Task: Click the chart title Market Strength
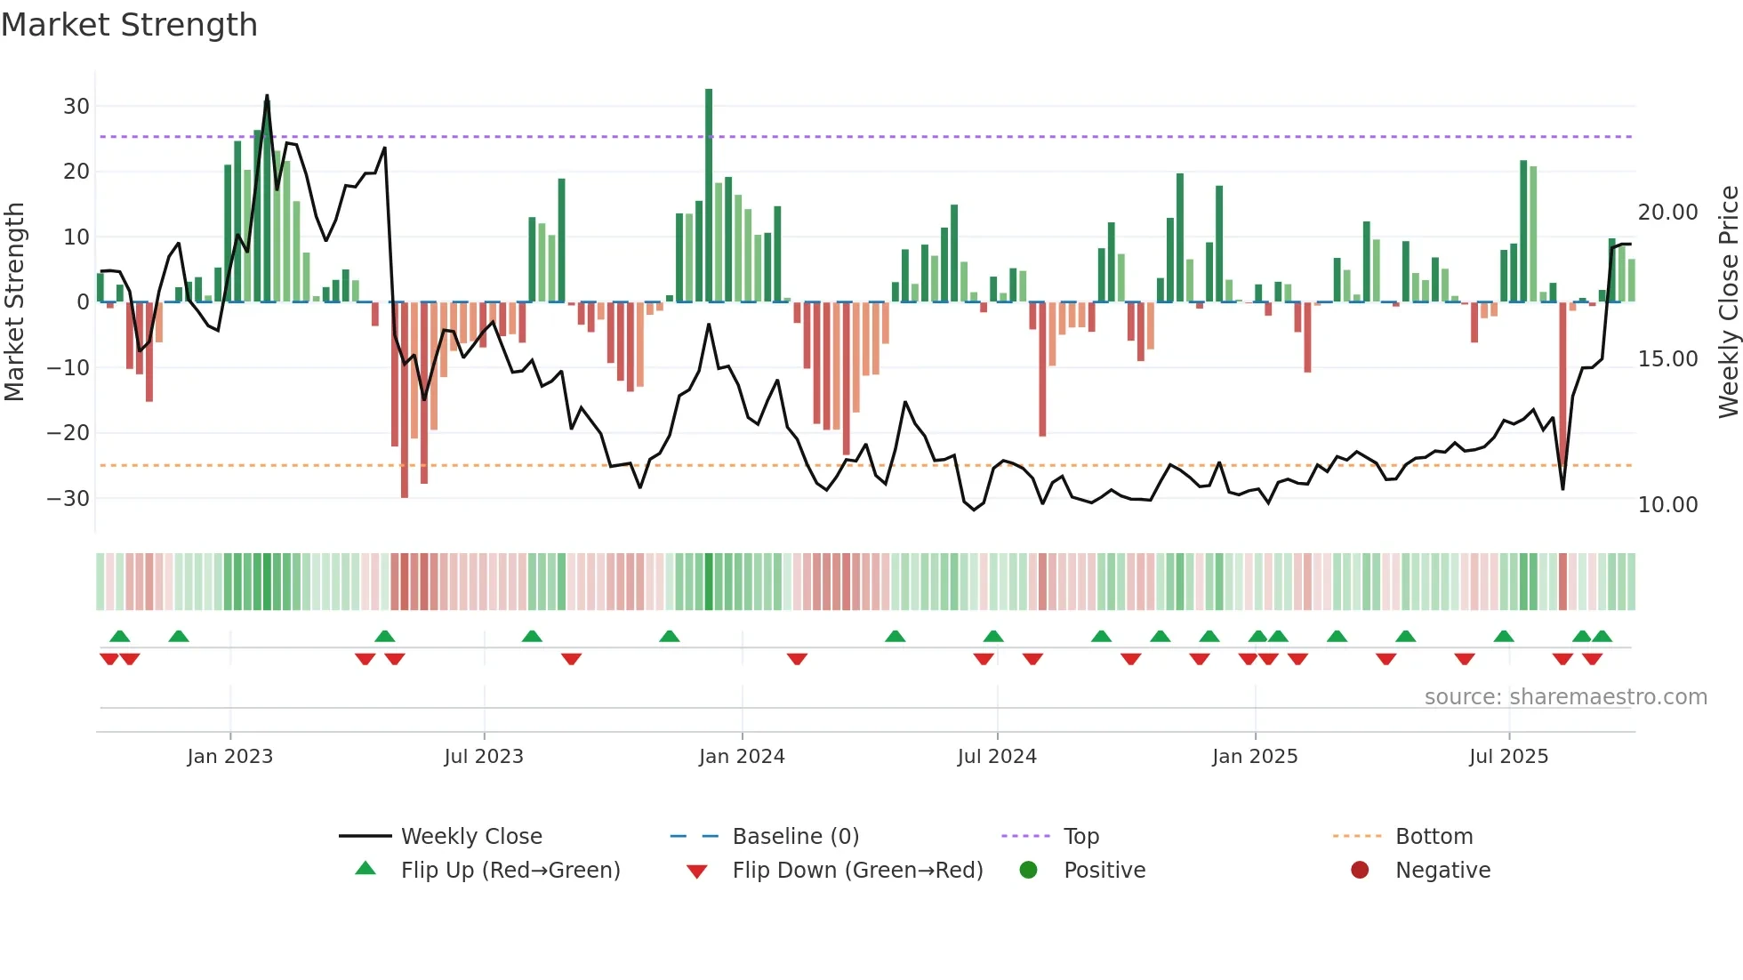click(x=129, y=25)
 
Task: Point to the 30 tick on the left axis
click(x=76, y=107)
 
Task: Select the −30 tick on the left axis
click(x=69, y=499)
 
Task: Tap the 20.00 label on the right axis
click(x=1667, y=213)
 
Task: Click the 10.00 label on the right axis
click(x=1667, y=505)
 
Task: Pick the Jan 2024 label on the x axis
click(x=742, y=757)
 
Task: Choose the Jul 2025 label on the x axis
click(x=1508, y=757)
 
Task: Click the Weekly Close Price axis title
click(x=1728, y=302)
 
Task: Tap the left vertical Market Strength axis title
click(x=14, y=302)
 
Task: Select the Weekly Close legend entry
click(x=471, y=837)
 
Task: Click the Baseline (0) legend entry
click(x=795, y=837)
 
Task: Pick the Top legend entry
click(x=1081, y=837)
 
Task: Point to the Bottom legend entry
click(x=1434, y=837)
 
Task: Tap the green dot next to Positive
click(x=1029, y=871)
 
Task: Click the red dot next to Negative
click(x=1360, y=871)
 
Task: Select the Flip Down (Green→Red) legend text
click(x=857, y=871)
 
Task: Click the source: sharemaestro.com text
click(x=1565, y=697)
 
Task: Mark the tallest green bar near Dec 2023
click(x=709, y=196)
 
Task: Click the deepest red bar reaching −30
click(x=405, y=400)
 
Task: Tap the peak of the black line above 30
click(x=267, y=96)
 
